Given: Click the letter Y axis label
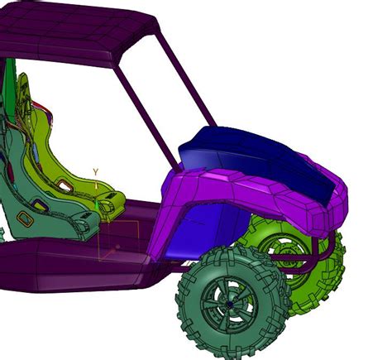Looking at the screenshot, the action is [95, 172].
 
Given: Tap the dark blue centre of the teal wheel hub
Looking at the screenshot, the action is [230, 304].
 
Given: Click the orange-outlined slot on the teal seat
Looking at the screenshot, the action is [25, 219].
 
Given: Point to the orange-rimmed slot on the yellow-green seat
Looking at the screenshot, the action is [65, 185].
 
